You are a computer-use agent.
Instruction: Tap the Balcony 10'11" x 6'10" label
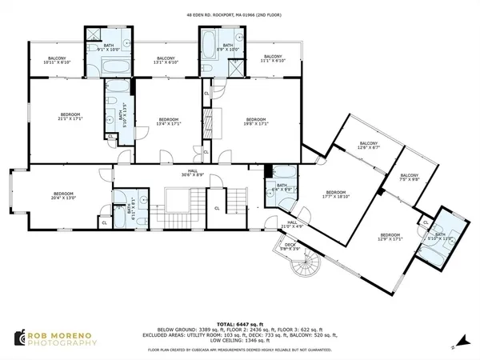(x=57, y=61)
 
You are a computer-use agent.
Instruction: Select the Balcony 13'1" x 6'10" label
(x=166, y=61)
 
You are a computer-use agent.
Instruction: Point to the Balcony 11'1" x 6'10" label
(x=273, y=61)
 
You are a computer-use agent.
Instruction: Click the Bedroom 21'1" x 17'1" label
(x=64, y=118)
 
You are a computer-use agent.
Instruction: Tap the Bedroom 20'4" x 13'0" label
(x=63, y=197)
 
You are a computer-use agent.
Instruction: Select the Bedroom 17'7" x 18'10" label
(x=335, y=194)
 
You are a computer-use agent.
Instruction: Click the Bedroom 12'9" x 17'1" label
(x=389, y=237)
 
